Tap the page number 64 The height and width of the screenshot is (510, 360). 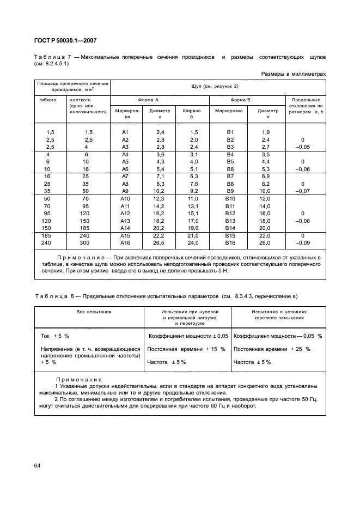(38, 465)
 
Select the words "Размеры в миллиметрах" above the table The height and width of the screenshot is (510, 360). (294, 74)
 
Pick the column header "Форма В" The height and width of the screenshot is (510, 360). (240, 100)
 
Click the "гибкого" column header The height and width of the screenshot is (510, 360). (48, 100)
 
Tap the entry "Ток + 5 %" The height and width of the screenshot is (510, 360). (55, 336)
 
